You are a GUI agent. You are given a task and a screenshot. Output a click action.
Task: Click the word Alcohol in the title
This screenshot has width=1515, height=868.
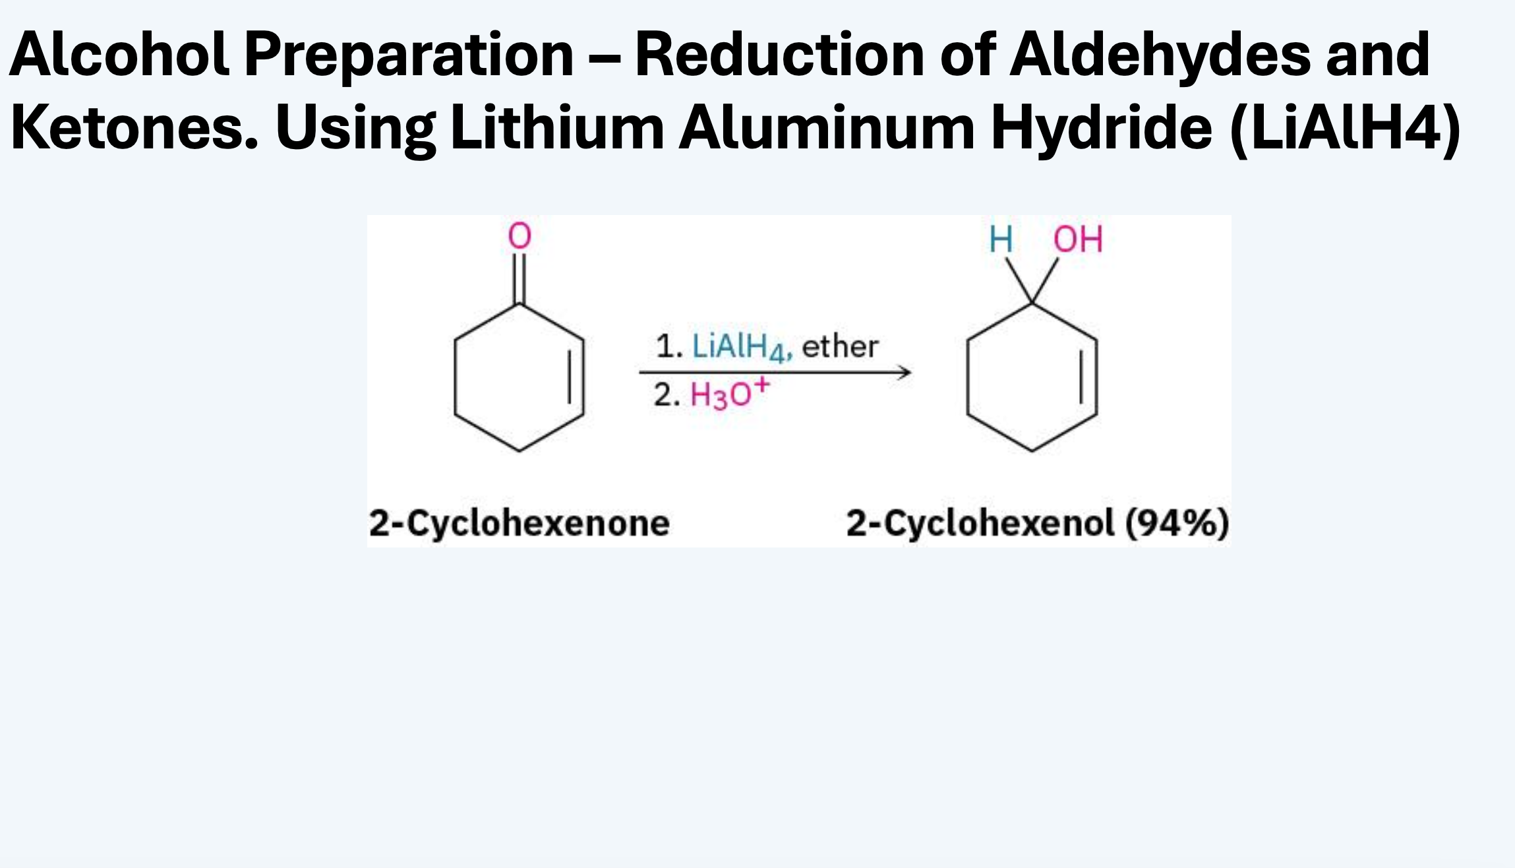tap(119, 54)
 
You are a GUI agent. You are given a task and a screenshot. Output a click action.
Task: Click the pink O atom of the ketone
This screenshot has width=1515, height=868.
tap(520, 235)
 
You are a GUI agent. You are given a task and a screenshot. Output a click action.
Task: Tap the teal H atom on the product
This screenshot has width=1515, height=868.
tap(1001, 239)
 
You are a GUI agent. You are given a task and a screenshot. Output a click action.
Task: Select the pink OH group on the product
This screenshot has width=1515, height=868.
tap(1078, 239)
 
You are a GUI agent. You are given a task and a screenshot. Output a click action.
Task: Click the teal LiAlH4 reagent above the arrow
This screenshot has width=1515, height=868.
tap(741, 348)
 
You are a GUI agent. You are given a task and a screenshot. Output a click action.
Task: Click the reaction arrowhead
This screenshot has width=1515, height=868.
tap(905, 373)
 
